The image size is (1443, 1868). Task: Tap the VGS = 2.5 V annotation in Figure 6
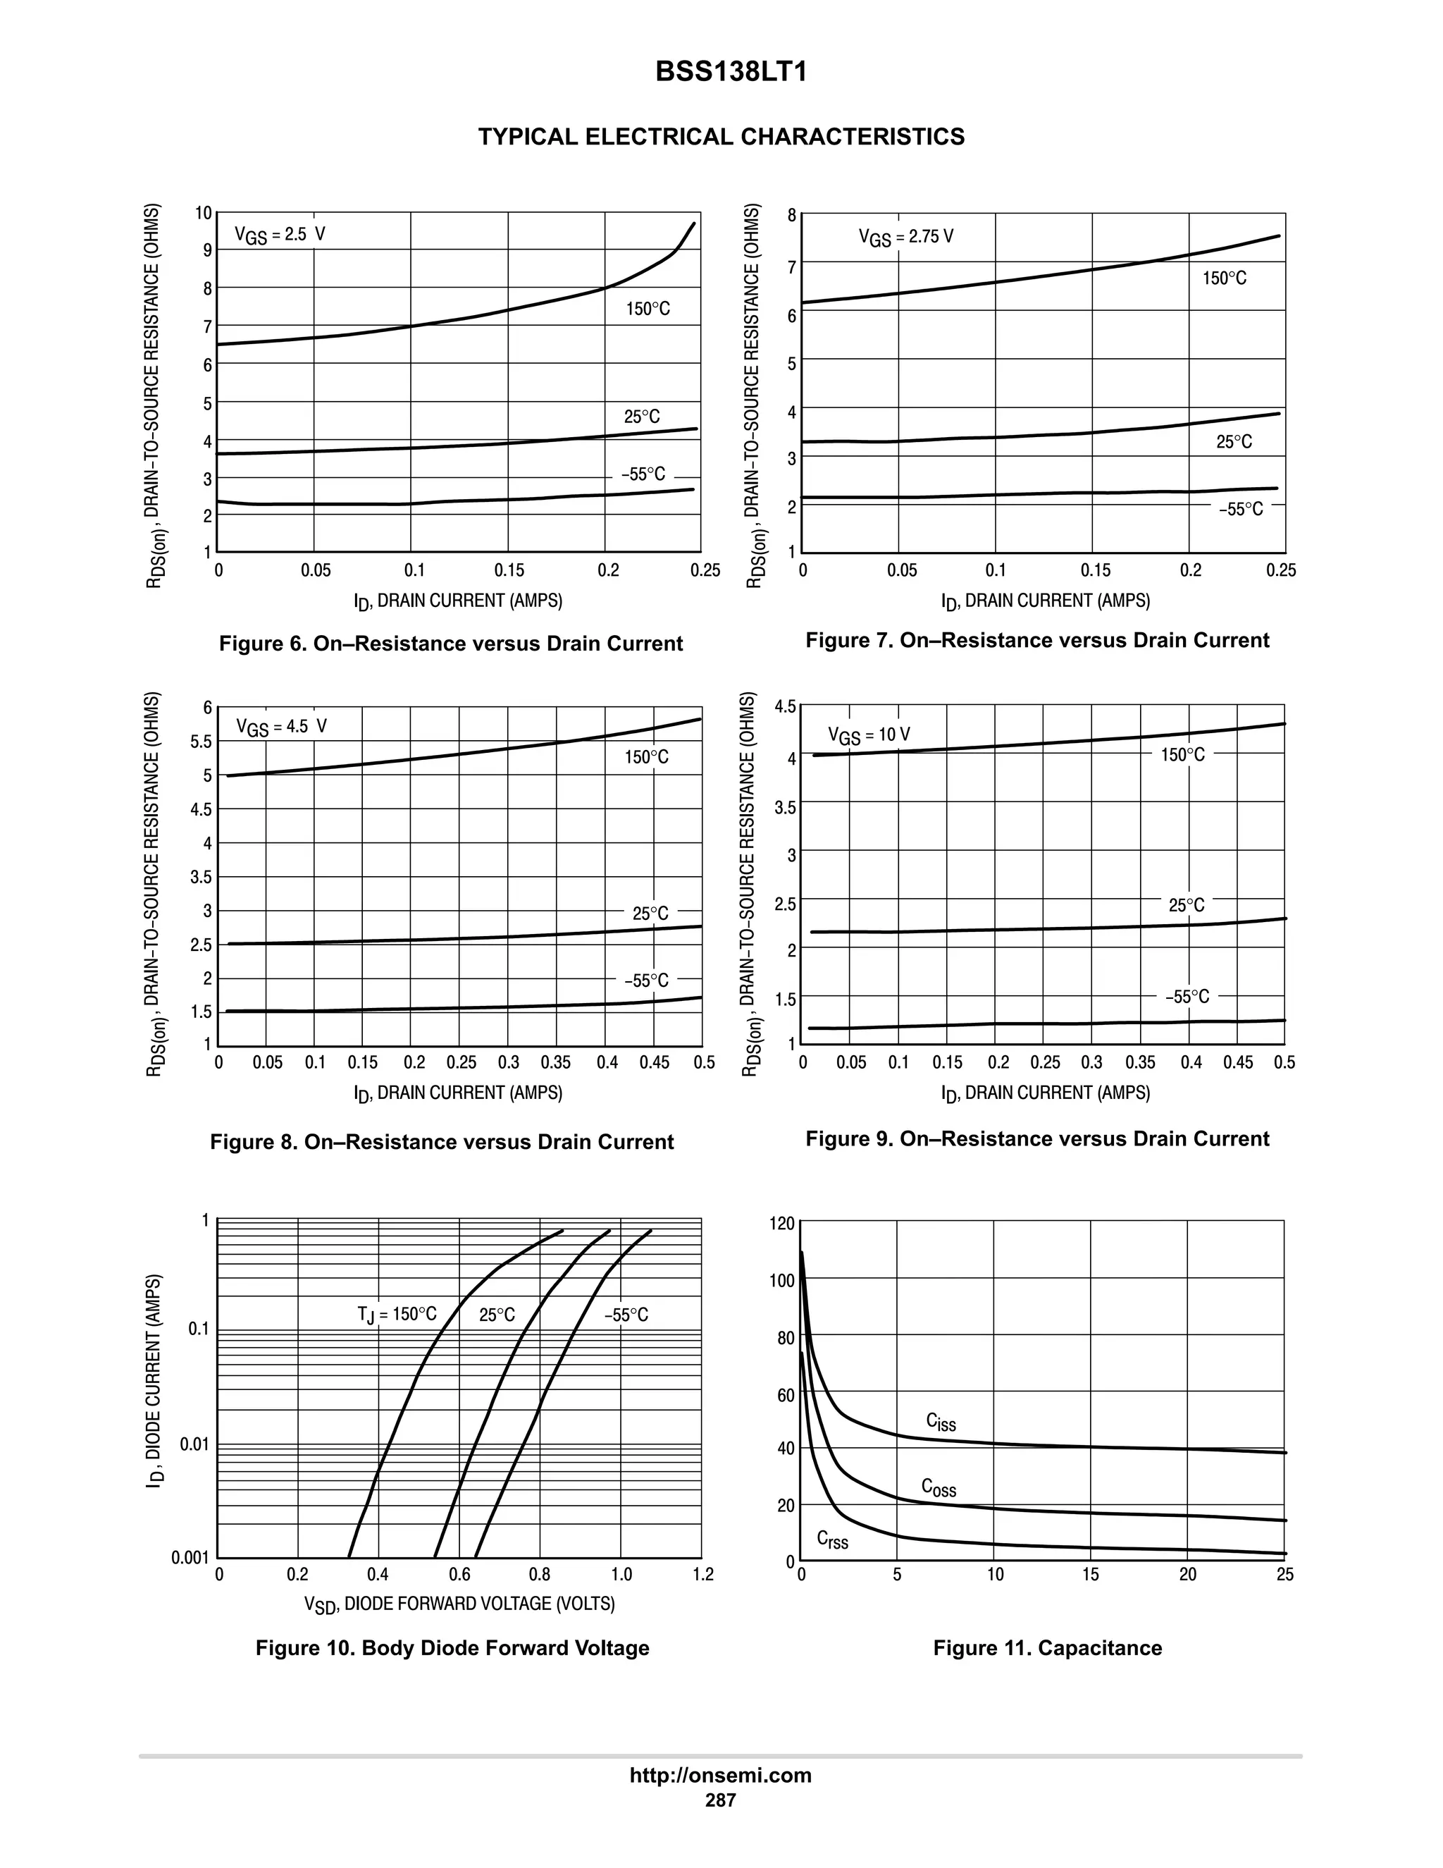[280, 235]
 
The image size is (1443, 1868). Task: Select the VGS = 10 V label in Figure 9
[869, 735]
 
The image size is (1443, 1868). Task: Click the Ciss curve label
[941, 1422]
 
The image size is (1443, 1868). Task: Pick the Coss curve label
[939, 1487]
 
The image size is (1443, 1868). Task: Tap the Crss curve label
[833, 1540]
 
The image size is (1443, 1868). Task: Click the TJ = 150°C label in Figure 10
[397, 1315]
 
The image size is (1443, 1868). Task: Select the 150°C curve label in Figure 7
[1224, 278]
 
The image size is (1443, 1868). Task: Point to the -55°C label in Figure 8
[646, 981]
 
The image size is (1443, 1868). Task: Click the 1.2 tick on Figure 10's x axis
[702, 1575]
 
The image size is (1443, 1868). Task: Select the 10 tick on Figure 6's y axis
[204, 213]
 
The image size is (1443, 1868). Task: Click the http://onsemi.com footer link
[721, 1775]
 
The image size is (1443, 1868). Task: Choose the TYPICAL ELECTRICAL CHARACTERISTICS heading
[721, 137]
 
